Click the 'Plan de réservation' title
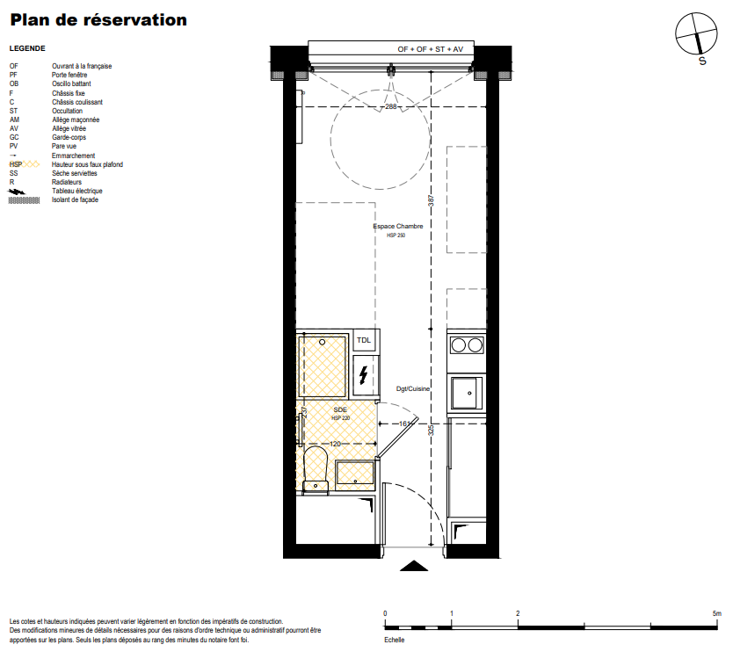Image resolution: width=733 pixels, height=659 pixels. point(98,20)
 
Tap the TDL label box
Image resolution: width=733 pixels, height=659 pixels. point(364,340)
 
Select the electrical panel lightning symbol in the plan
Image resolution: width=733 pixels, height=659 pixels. point(363,375)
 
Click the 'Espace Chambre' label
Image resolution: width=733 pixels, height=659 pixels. point(398,226)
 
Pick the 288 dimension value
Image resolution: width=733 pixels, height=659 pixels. point(391,107)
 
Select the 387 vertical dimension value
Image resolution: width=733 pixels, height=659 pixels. point(431,201)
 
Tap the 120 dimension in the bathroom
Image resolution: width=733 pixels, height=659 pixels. point(335,444)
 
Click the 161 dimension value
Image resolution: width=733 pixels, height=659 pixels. point(404,424)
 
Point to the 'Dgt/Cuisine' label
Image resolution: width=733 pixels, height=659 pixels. point(413,389)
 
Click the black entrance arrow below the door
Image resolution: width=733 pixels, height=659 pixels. point(414,566)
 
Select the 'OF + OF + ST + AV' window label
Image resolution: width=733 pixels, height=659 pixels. point(430,49)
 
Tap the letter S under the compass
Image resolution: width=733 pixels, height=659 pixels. point(702,62)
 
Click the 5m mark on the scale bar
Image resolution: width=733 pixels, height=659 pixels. point(716,613)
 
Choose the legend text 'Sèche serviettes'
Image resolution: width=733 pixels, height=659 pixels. point(75,173)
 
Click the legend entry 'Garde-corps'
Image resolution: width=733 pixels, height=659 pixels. point(69,137)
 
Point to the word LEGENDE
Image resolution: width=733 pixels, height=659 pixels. point(27,48)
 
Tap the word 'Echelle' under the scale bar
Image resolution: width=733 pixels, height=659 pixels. point(394,640)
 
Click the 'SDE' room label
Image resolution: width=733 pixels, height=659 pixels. point(340,409)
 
